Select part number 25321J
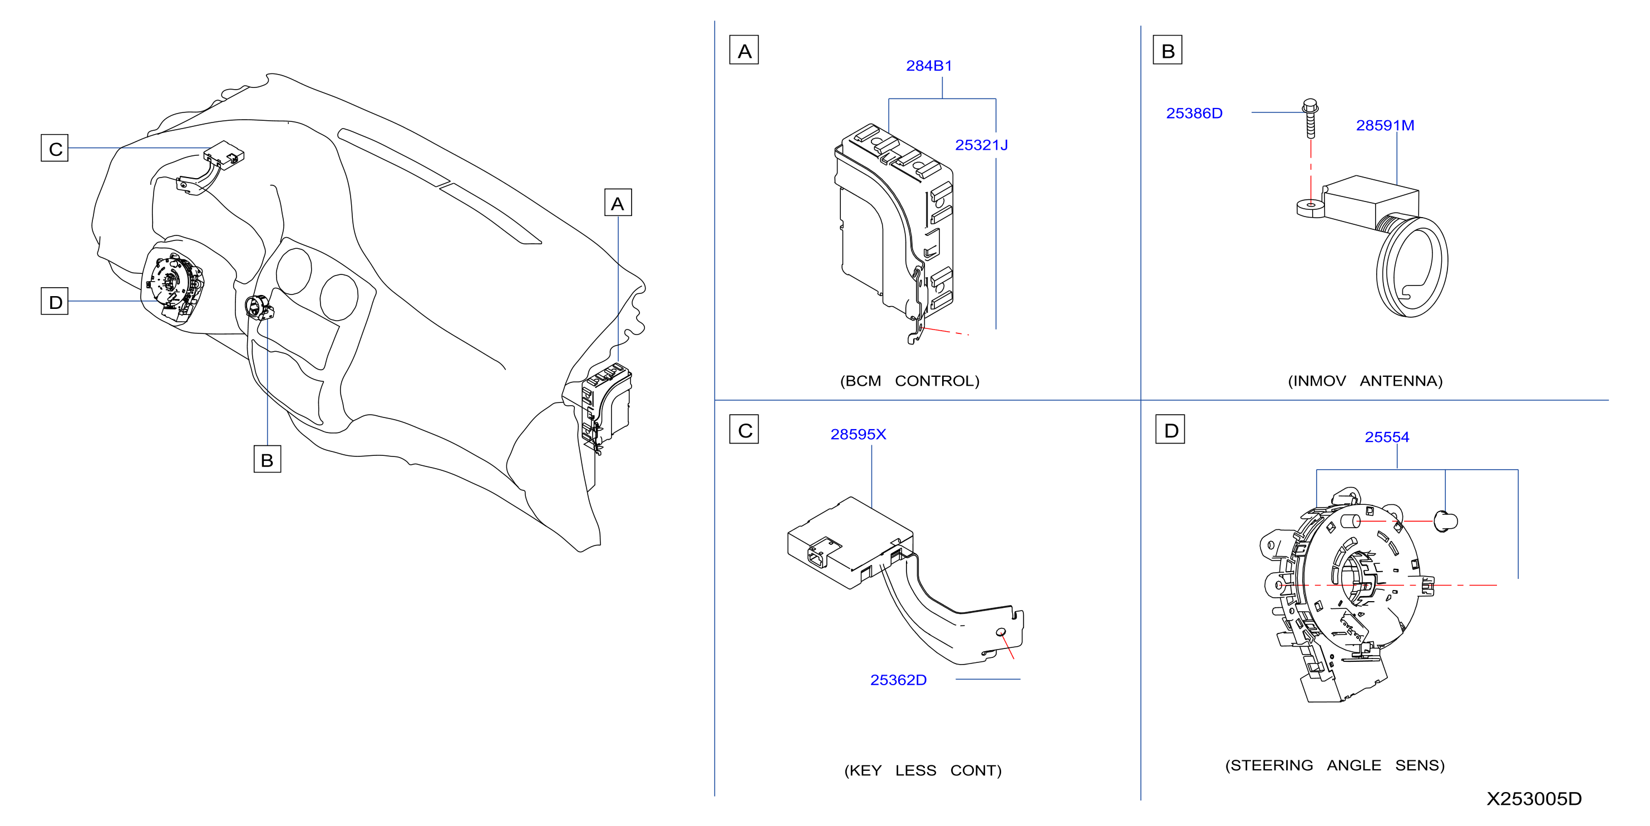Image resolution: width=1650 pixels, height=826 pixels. pos(981,145)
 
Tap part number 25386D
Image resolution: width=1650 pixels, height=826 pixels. pos(1194,113)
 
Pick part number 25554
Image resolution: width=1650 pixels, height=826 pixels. pos(1387,436)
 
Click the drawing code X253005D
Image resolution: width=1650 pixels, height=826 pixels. pos(1534,798)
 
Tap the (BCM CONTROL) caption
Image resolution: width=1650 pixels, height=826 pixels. pos(909,381)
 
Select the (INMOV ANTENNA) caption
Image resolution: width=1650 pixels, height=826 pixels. pos(1365,381)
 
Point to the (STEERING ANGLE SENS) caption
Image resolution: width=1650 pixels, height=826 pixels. pos(1335,765)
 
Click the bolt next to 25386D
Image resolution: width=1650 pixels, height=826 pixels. pos(1311,119)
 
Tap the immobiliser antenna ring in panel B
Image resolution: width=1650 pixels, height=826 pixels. pos(1412,267)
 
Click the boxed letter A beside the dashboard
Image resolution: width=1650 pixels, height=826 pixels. pos(618,203)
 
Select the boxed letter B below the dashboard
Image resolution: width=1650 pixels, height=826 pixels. pos(267,459)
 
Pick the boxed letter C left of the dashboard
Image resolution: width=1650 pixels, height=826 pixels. pos(55,148)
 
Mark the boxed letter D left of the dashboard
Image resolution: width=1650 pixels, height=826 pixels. pos(55,301)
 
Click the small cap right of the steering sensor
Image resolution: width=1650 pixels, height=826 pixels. pos(1446,521)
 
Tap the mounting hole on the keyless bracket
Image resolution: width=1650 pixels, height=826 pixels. pos(1001,632)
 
